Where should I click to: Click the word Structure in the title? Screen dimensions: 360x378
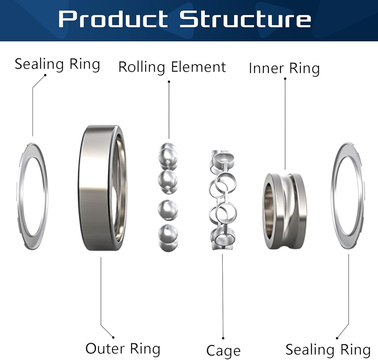click(x=245, y=19)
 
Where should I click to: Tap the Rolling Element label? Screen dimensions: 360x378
click(x=172, y=67)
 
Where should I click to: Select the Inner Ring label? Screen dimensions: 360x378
click(x=284, y=68)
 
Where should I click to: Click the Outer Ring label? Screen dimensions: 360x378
click(x=123, y=348)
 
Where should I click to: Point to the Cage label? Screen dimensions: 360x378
click(x=223, y=350)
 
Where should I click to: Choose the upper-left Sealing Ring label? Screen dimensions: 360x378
click(x=57, y=64)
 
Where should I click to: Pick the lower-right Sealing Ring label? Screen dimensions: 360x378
click(x=328, y=349)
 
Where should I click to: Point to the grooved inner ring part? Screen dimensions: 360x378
click(x=285, y=211)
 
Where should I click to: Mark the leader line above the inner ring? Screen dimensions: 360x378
click(x=285, y=125)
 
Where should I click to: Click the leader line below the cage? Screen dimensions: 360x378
click(x=223, y=295)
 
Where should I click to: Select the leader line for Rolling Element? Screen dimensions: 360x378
click(x=169, y=110)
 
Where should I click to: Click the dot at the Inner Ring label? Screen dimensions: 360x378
click(x=285, y=79)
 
